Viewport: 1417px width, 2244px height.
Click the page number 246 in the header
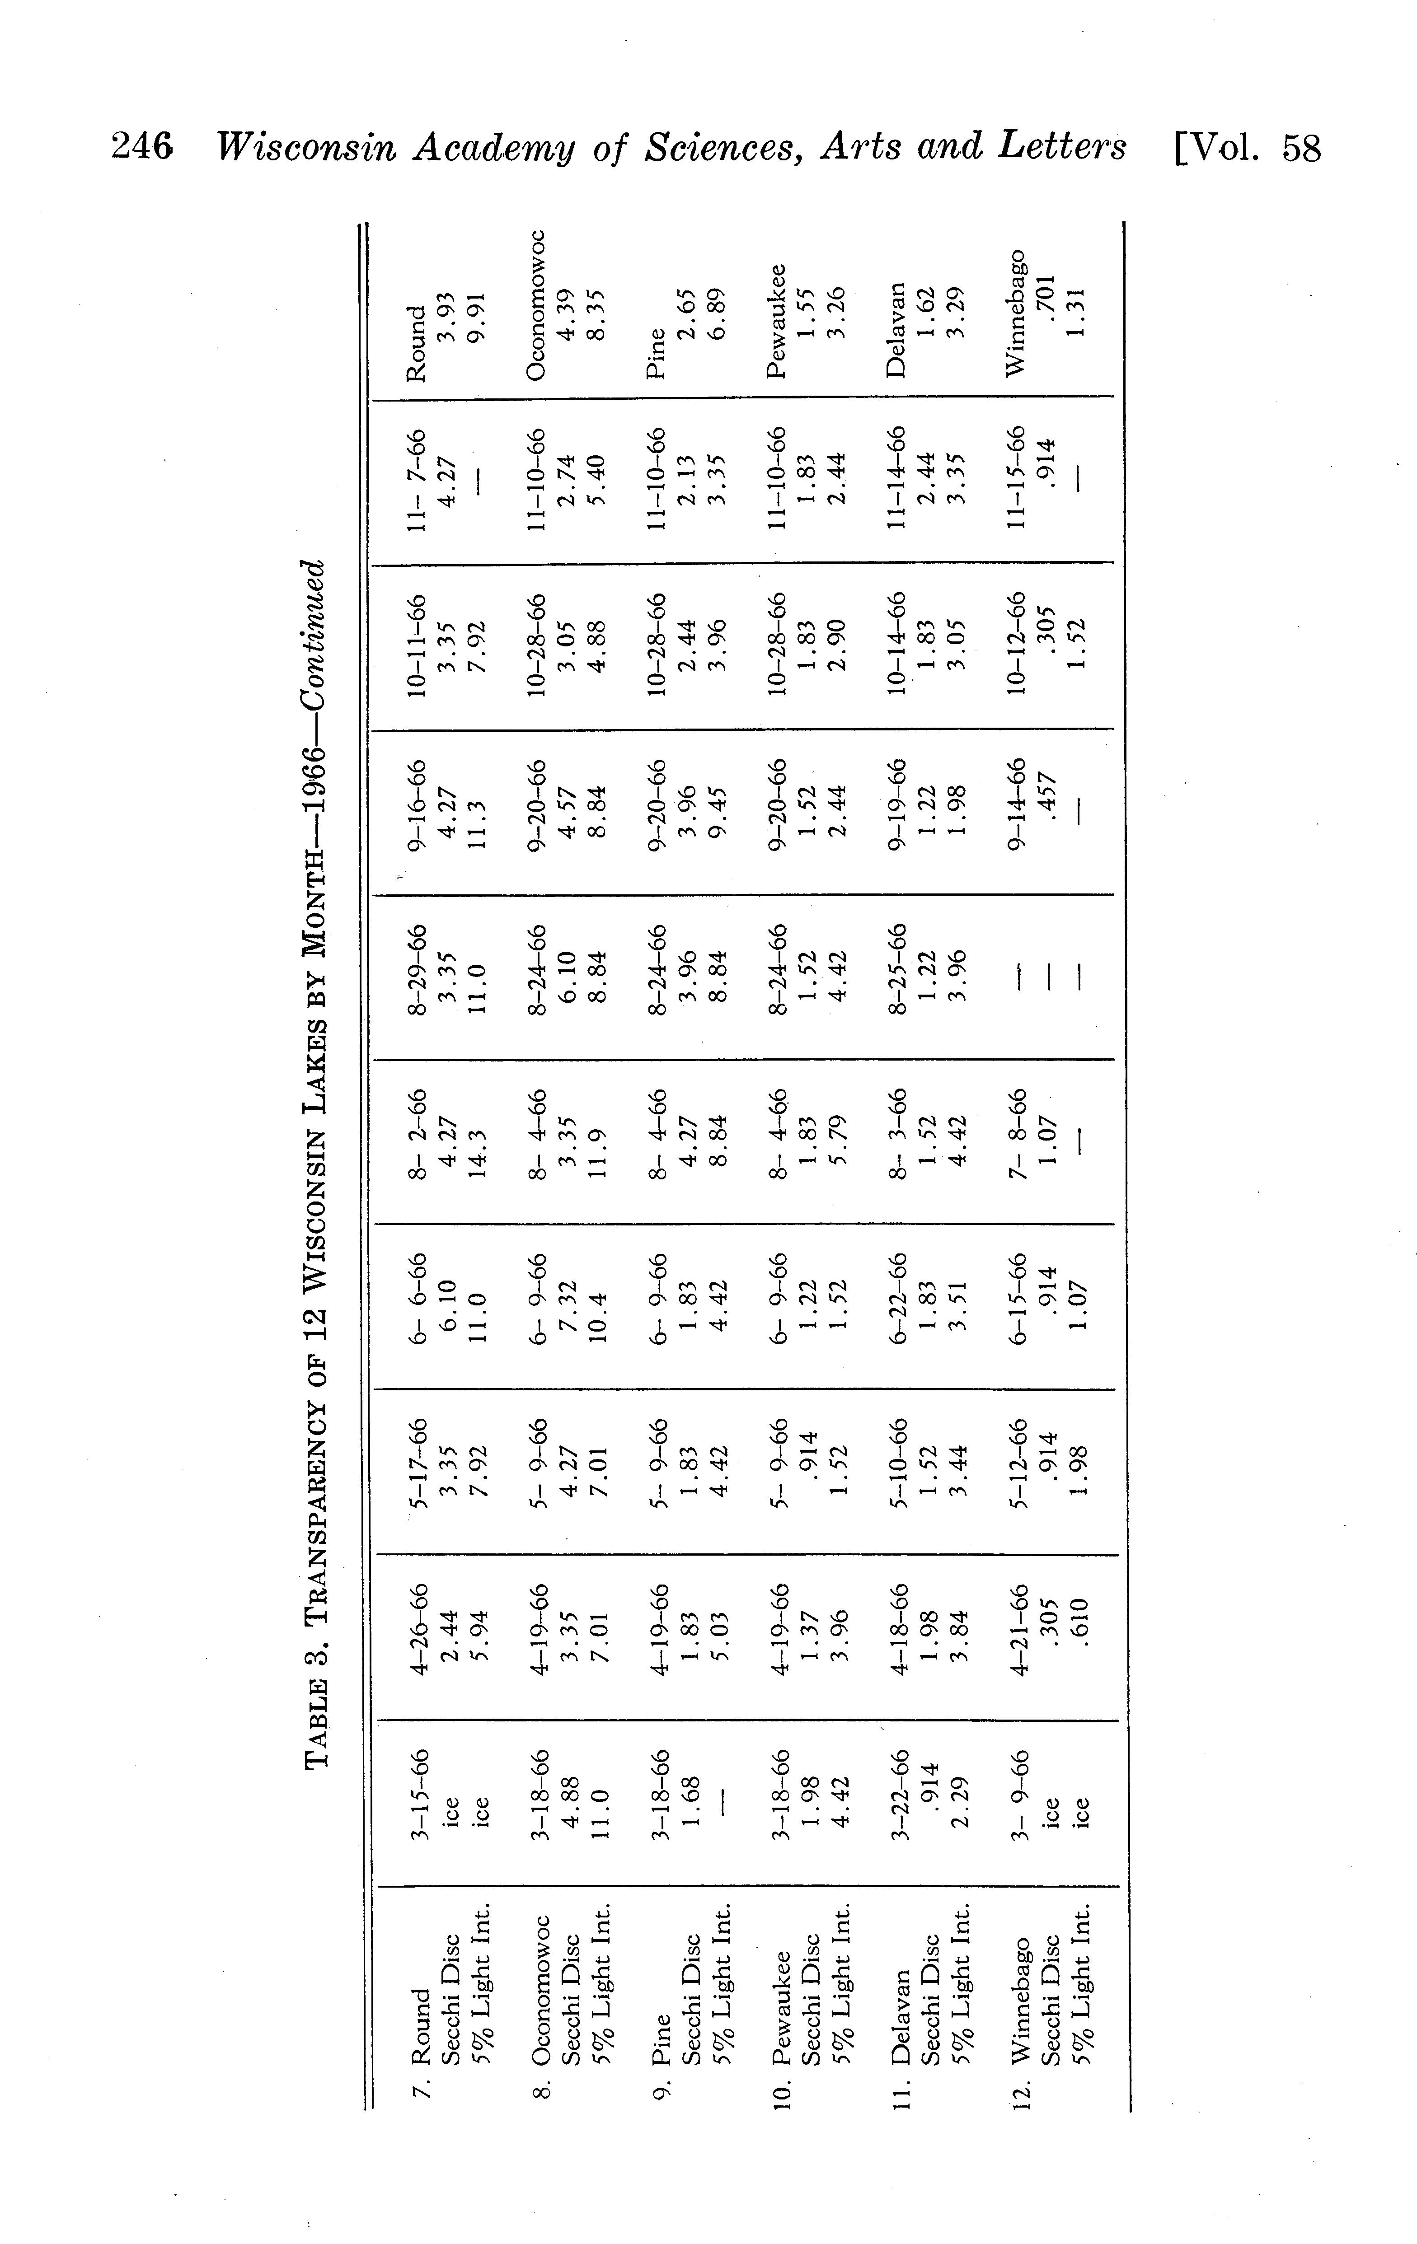[142, 147]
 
